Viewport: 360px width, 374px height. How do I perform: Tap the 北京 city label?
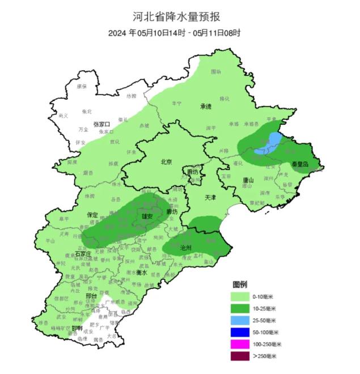pos(166,161)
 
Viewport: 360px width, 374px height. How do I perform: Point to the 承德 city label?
pos(205,106)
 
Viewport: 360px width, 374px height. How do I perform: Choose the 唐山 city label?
pos(248,180)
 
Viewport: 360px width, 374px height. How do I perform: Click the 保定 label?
pos(92,215)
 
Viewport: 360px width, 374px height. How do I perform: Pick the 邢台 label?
pos(91,296)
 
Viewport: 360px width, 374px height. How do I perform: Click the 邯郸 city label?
pos(77,328)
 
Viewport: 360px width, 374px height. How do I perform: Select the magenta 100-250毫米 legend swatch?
pos(242,343)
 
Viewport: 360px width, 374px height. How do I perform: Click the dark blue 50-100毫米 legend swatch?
pos(242,331)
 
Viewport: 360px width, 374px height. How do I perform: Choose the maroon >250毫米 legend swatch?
pos(242,355)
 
